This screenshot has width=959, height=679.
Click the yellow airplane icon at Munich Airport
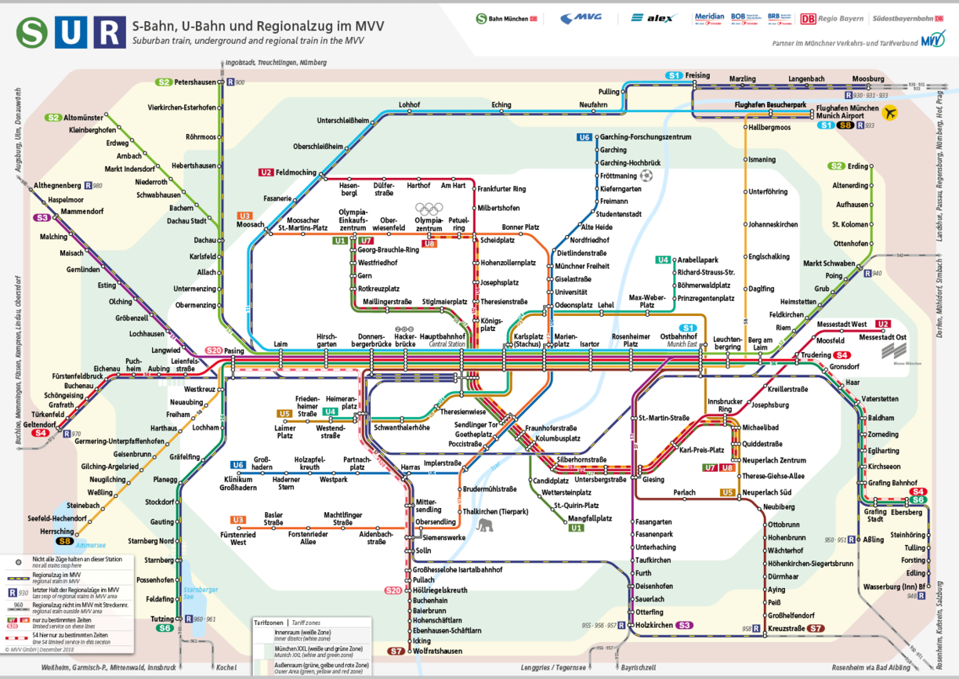pos(889,113)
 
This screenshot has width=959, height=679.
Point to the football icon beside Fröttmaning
pos(646,175)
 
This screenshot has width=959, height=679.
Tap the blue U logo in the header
pos(71,32)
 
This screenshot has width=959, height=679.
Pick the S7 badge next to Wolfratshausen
pos(397,651)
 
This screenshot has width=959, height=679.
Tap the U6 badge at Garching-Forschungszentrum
pos(584,137)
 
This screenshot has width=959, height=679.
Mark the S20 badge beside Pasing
pos(214,350)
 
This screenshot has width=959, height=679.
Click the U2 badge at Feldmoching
pos(266,172)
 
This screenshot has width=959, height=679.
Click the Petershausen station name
pos(194,82)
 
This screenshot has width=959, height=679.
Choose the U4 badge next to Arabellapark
pos(664,260)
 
